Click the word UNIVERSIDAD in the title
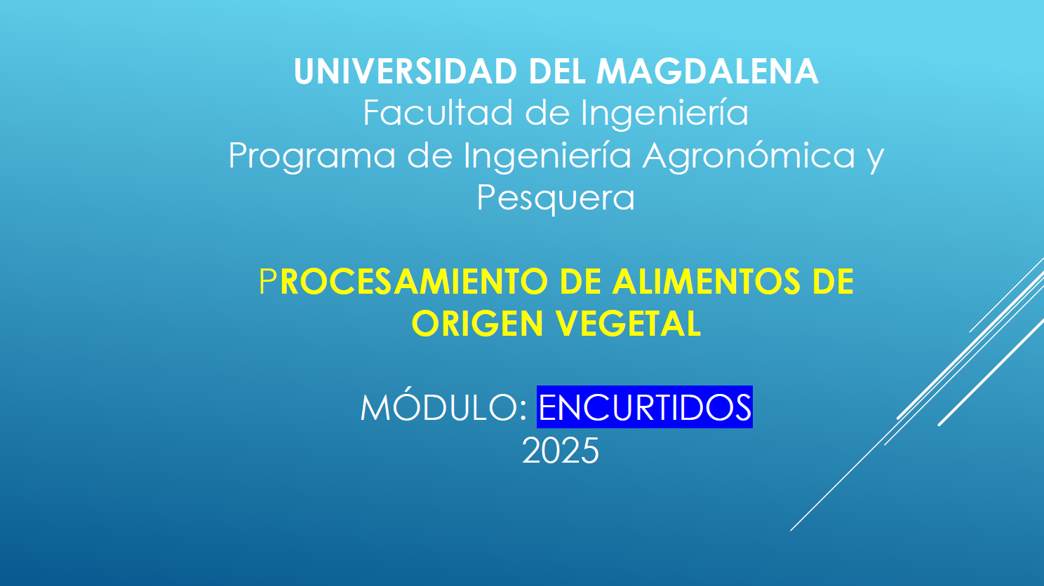(406, 71)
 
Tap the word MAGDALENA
(707, 71)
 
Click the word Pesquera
(556, 198)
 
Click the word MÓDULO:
(443, 407)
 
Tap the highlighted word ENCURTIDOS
(645, 407)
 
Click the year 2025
(560, 451)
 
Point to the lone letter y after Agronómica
(876, 159)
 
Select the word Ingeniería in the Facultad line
(664, 113)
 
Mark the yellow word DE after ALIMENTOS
(833, 281)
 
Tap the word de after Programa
(429, 155)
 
